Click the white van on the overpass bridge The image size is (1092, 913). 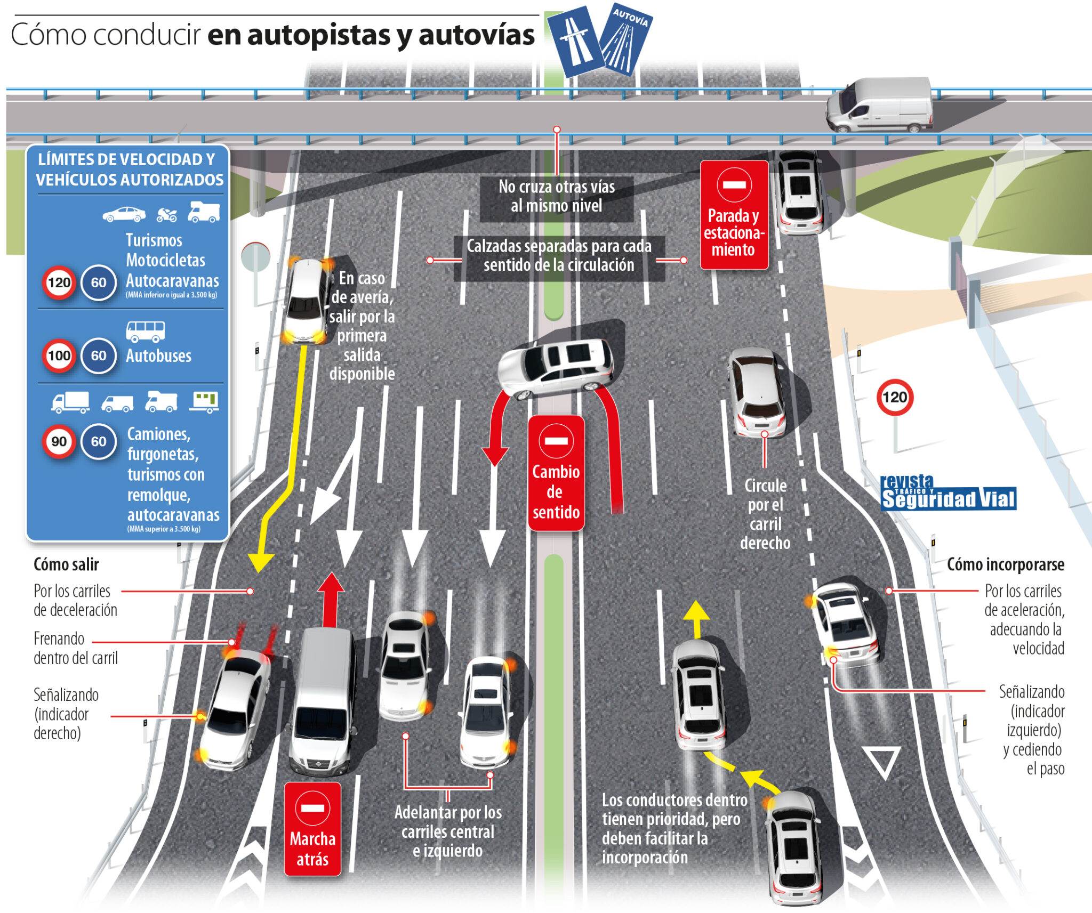tap(880, 105)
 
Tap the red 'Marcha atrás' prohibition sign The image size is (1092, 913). tap(312, 829)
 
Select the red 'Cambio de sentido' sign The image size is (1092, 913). tap(556, 473)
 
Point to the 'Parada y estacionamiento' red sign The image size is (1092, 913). tap(734, 215)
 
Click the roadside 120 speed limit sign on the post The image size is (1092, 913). tap(895, 397)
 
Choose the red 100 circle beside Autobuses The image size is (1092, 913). tap(59, 355)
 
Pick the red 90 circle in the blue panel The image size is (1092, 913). tap(59, 441)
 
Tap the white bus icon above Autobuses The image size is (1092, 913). tap(146, 331)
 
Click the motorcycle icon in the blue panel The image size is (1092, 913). tap(167, 215)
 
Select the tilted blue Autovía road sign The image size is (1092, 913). tap(626, 41)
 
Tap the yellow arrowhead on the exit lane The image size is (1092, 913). tap(261, 563)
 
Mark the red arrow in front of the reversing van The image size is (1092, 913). tap(331, 597)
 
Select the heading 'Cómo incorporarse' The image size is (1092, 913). tap(1005, 564)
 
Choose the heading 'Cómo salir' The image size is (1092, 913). tap(66, 564)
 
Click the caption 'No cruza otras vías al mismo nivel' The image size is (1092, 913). tap(557, 196)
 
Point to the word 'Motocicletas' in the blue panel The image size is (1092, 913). tap(165, 260)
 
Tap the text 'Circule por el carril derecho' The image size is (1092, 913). tap(765, 514)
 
